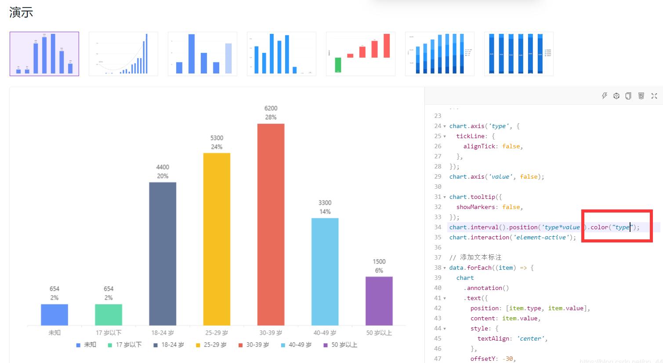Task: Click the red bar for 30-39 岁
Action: [271, 224]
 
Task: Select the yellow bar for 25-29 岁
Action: [217, 239]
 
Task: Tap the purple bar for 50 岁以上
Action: [379, 301]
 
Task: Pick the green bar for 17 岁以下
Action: [109, 315]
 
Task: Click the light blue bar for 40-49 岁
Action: [325, 271]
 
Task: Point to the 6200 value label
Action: [271, 108]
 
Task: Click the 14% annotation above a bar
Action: [325, 212]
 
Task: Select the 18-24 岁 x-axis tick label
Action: [163, 333]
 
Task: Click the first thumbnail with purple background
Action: [44, 54]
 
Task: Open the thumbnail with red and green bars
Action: [360, 54]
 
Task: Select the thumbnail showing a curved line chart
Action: [123, 54]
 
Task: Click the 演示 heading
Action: [21, 12]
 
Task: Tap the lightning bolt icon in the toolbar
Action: [605, 96]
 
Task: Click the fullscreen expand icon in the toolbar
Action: [654, 96]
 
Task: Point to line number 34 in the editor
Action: [438, 227]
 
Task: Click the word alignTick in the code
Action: [481, 146]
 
